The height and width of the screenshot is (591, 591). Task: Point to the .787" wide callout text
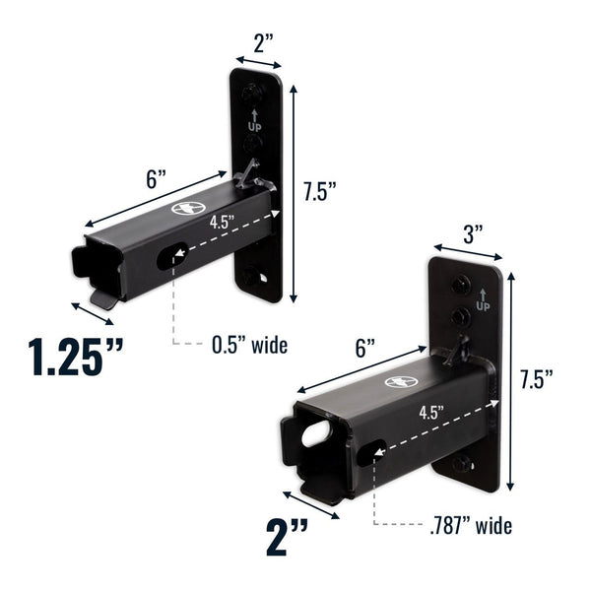(x=472, y=525)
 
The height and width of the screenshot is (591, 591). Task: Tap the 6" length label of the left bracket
(x=156, y=180)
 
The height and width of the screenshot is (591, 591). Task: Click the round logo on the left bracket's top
(x=186, y=208)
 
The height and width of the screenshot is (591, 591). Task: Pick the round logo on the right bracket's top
(x=401, y=381)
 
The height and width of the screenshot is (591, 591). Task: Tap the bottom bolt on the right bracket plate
(x=461, y=465)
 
